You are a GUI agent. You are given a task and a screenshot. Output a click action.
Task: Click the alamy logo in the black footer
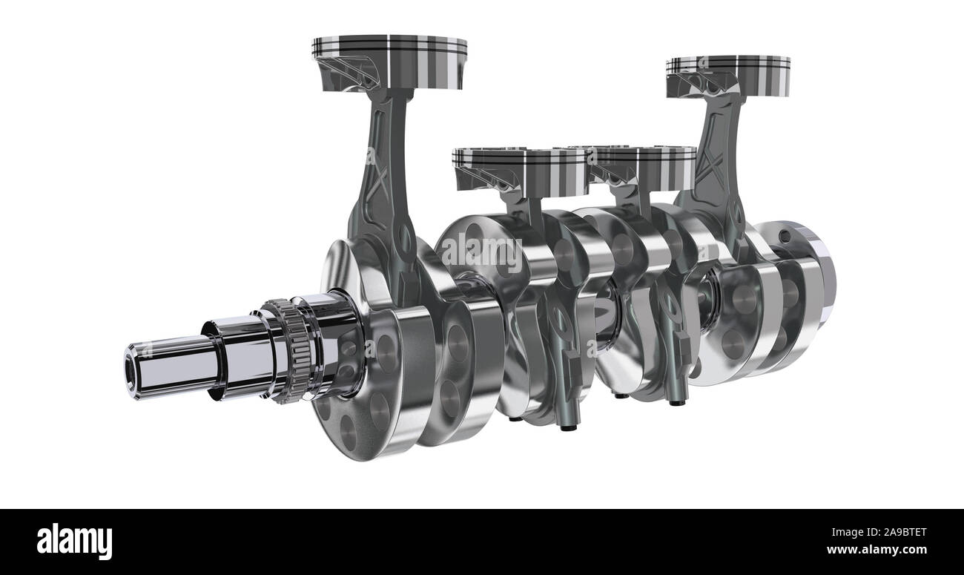click(74, 542)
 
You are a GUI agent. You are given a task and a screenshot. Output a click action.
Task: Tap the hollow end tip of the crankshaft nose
click(133, 367)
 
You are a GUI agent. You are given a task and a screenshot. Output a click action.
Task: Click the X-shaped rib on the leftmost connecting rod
click(378, 178)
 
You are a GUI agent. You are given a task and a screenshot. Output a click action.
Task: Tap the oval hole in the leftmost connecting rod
click(406, 237)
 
